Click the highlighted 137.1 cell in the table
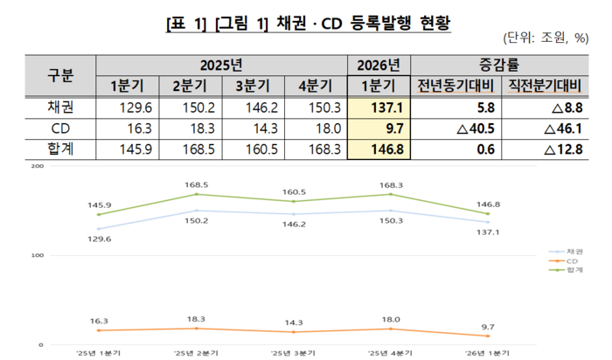click(x=379, y=107)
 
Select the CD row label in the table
click(x=60, y=128)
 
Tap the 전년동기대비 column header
click(x=456, y=86)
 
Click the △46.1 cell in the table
click(x=545, y=128)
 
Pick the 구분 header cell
click(x=60, y=75)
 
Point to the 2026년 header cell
click(x=379, y=66)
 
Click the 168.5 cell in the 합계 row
click(x=191, y=149)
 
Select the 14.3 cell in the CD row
click(x=254, y=128)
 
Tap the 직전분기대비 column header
click(x=545, y=86)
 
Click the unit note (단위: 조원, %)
click(x=546, y=38)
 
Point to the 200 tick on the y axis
click(x=38, y=166)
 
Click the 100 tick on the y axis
click(x=38, y=255)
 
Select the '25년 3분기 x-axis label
click(x=293, y=353)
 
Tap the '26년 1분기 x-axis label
click(x=488, y=353)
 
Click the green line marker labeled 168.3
click(x=391, y=194)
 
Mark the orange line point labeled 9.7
click(x=488, y=336)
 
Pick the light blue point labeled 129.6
click(x=99, y=229)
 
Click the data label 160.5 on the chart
click(x=294, y=192)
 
